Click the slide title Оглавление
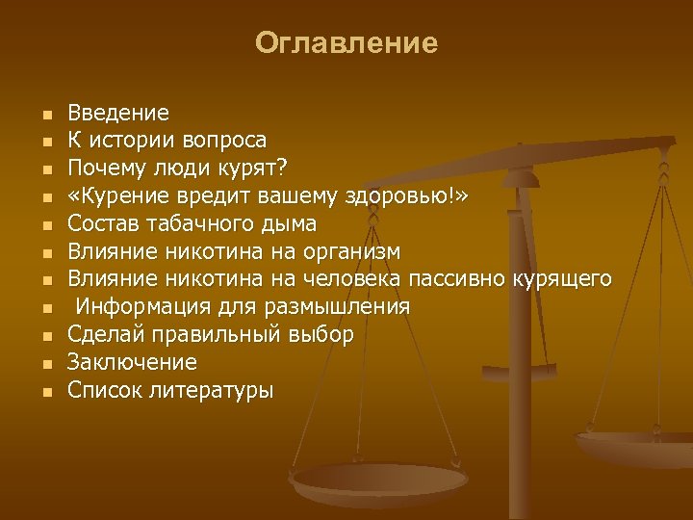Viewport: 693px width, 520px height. (x=346, y=43)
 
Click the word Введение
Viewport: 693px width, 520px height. (x=118, y=113)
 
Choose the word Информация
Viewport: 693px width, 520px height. (x=136, y=307)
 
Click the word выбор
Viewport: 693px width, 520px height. (x=321, y=335)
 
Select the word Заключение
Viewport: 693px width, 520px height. (x=132, y=363)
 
